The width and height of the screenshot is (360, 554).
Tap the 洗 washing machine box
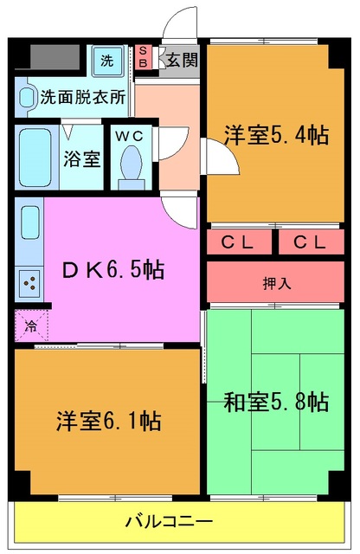click(107, 61)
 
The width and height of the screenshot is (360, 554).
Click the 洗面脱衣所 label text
click(82, 97)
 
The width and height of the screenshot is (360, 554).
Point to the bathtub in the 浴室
click(36, 157)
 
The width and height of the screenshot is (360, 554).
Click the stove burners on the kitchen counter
click(29, 281)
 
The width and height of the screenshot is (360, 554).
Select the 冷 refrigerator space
click(30, 326)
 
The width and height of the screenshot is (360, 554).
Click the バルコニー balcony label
click(169, 521)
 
